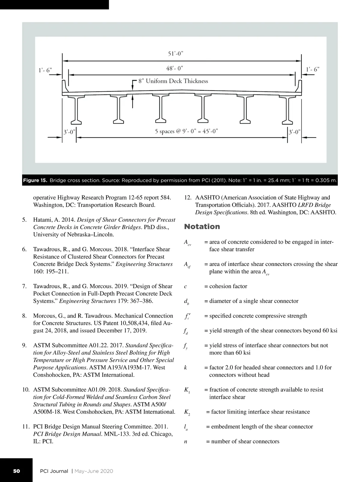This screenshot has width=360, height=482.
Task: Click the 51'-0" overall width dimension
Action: click(175, 54)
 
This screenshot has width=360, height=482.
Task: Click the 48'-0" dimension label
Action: click(175, 68)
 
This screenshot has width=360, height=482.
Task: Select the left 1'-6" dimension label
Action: click(45, 70)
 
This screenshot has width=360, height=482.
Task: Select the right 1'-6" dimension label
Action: click(313, 69)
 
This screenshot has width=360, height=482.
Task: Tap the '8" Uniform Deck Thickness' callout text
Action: click(173, 81)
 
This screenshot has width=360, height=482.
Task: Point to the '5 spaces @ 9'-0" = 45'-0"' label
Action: click(186, 131)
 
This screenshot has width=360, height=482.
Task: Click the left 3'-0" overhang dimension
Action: click(69, 132)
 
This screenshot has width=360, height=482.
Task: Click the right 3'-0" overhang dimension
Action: click(294, 132)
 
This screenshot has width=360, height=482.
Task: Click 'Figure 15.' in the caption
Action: click(35, 181)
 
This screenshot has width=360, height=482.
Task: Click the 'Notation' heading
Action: click(202, 227)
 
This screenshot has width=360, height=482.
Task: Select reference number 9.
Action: click(25, 345)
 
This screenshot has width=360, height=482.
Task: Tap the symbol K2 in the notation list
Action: click(187, 412)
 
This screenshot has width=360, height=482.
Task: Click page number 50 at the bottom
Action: click(16, 471)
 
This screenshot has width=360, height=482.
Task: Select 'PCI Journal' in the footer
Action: click(54, 471)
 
